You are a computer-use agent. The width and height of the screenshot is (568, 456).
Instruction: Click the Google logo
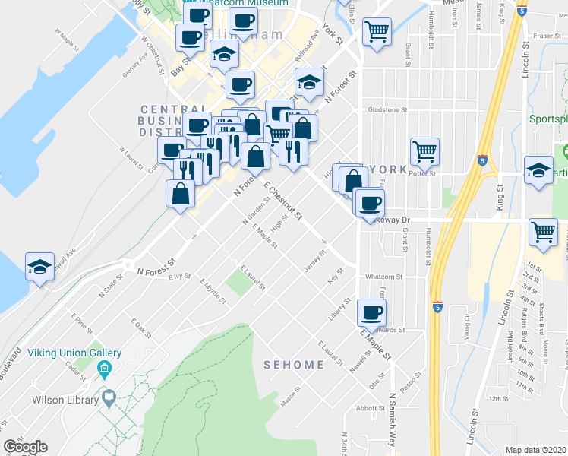(x=25, y=447)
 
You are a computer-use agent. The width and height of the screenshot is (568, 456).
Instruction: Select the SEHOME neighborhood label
(x=294, y=365)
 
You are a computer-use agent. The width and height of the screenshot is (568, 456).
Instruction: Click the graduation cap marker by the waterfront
(x=39, y=267)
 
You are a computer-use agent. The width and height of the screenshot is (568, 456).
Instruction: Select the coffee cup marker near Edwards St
(x=371, y=312)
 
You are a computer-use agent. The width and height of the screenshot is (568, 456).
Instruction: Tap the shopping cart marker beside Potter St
(x=425, y=150)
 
